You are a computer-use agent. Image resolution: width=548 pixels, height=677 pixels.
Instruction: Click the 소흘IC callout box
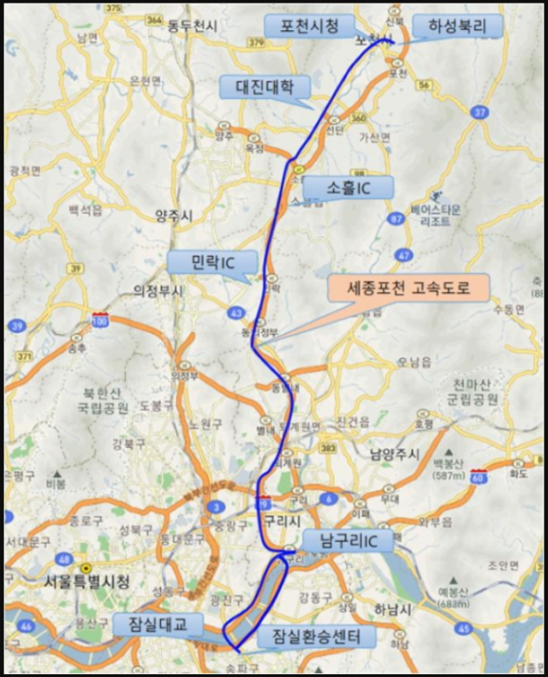[348, 188]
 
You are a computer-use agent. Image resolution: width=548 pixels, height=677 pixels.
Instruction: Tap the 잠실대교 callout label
[157, 624]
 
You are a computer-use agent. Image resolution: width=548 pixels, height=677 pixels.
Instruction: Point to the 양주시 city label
[174, 216]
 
